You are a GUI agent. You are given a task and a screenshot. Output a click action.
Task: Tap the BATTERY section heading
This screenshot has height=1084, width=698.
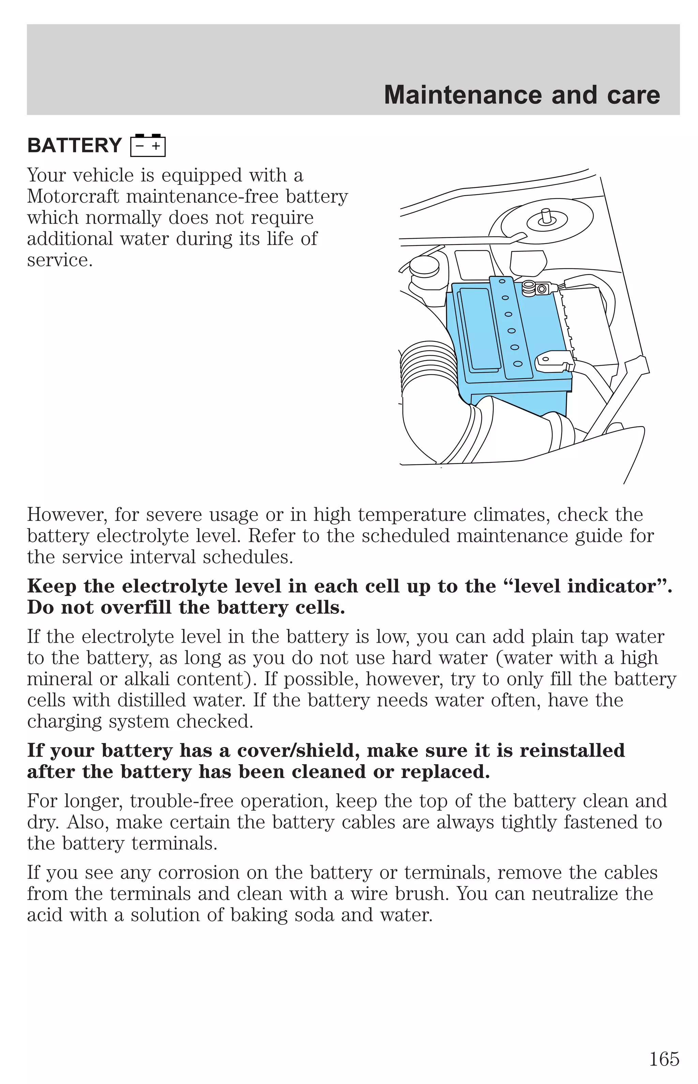(74, 146)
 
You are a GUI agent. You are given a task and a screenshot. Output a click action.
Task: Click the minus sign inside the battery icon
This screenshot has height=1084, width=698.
(140, 146)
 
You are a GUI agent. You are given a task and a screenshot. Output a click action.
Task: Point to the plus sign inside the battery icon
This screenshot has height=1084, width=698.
(156, 146)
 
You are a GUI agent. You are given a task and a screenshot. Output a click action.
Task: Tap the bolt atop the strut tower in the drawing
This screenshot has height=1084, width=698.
(546, 217)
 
